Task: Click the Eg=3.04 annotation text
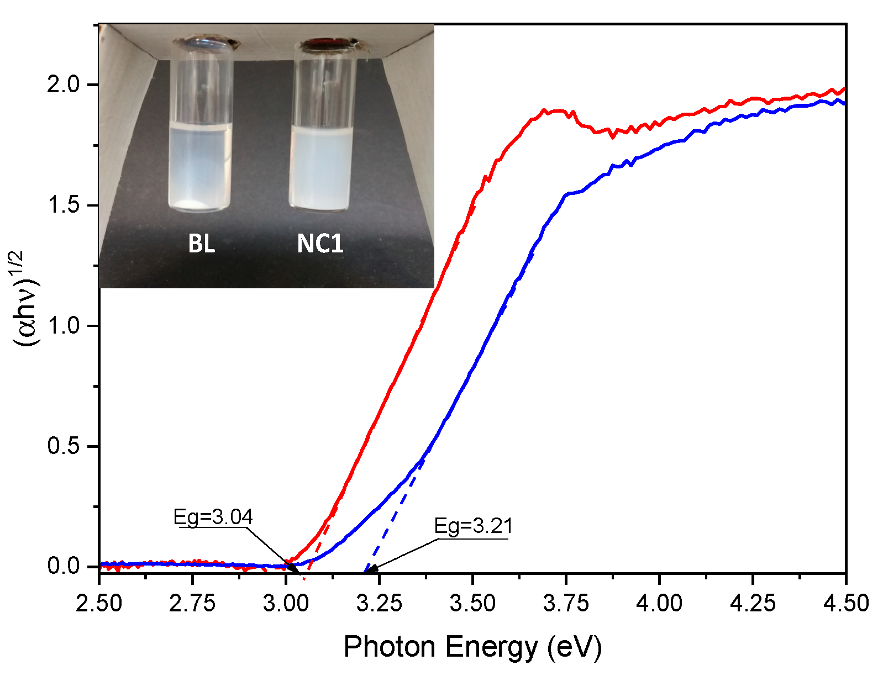pos(213,517)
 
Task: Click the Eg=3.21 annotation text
pos(474,526)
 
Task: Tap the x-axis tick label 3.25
pos(379,603)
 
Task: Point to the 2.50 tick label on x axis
pos(99,603)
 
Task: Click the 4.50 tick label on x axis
pos(845,603)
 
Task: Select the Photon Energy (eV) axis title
pos(472,646)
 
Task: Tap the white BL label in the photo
pos(201,244)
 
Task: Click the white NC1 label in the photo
pos(320,244)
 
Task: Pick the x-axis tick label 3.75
pos(566,603)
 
